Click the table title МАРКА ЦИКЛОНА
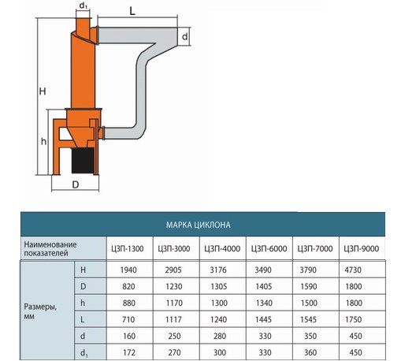coord(199,225)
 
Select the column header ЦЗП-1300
coord(128,248)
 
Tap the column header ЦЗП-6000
coord(269,248)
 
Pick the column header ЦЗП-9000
coord(362,248)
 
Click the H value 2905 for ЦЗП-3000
coord(173,270)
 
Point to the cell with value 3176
coord(218,270)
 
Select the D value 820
coord(128,286)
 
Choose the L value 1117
coord(174,319)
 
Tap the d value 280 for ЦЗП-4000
coord(220,336)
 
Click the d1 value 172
coord(129,352)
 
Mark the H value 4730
coord(353,270)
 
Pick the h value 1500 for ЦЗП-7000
coord(309,303)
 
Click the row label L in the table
coord(83,319)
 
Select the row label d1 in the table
coord(84,353)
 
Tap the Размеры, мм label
coord(40,311)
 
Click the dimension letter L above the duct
coord(132,11)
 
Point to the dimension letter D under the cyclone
coord(76,184)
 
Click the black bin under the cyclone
coord(83,160)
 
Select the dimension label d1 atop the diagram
coord(83,6)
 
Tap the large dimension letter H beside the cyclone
coord(43,91)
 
